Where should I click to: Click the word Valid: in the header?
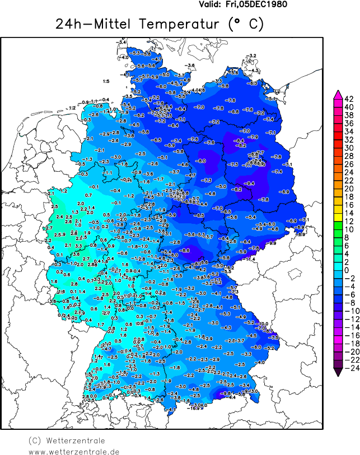click(211, 4)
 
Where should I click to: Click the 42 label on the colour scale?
click(348, 99)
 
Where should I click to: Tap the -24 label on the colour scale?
click(348, 368)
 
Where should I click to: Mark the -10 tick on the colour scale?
click(348, 311)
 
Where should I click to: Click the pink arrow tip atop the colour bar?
click(338, 93)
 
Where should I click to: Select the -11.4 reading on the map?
click(250, 259)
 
